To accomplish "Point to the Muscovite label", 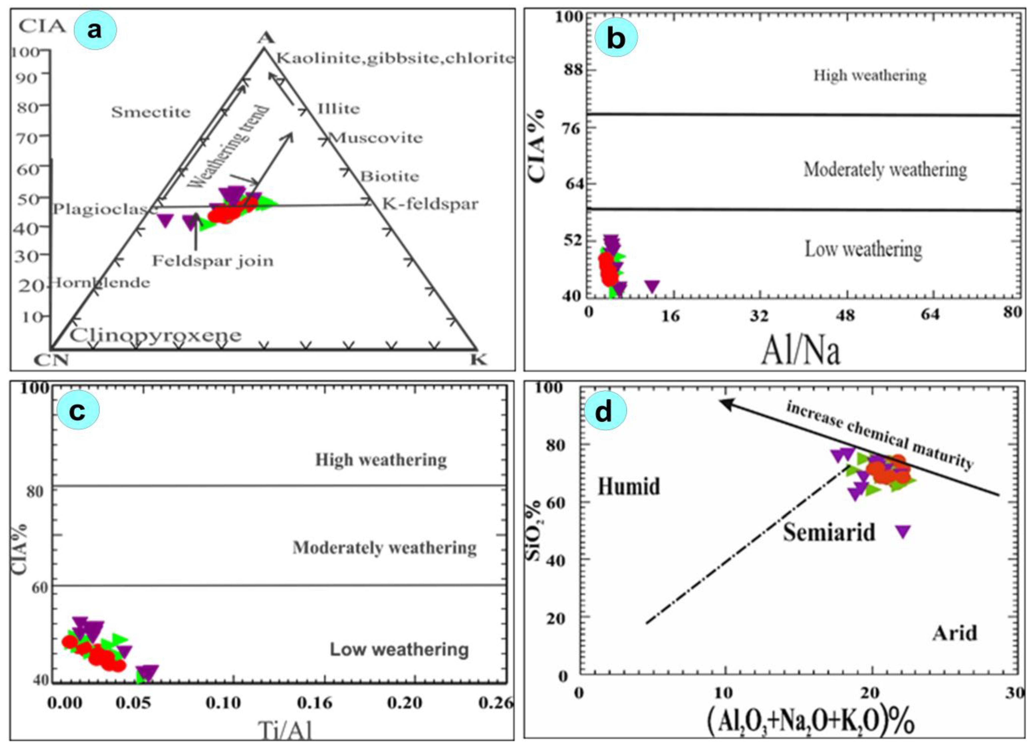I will tap(376, 138).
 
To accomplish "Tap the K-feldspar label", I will tap(430, 204).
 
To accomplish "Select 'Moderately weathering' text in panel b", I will tap(885, 169).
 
